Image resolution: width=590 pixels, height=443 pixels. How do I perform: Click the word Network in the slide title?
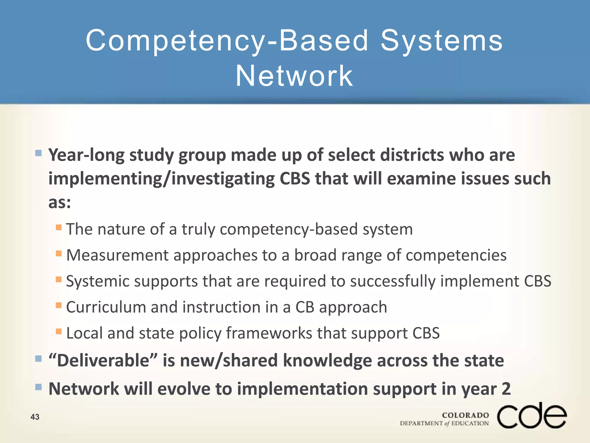coord(294,76)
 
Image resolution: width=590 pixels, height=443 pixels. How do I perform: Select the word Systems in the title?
coord(441,41)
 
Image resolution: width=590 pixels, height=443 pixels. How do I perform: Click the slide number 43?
coord(35,417)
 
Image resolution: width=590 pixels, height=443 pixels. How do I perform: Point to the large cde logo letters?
coord(532,416)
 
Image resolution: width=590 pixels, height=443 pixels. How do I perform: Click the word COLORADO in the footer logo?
coord(465,415)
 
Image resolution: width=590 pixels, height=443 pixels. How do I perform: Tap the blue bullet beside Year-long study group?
coord(38,153)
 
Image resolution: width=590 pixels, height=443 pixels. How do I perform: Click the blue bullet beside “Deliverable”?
coord(38,358)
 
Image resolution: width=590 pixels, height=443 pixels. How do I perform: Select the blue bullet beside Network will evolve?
coord(38,387)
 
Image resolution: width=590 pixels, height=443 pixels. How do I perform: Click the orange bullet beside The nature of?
coord(59,227)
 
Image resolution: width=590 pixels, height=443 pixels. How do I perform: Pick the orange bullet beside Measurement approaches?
coord(59,253)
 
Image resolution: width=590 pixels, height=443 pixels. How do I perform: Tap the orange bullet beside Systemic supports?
coord(59,279)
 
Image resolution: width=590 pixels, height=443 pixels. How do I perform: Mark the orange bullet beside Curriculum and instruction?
coord(59,305)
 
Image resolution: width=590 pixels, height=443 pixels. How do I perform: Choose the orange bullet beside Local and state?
coord(59,331)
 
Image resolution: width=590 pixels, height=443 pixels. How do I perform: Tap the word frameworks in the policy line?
coord(269,333)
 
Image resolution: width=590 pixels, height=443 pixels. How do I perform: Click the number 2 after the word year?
coord(506,389)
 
